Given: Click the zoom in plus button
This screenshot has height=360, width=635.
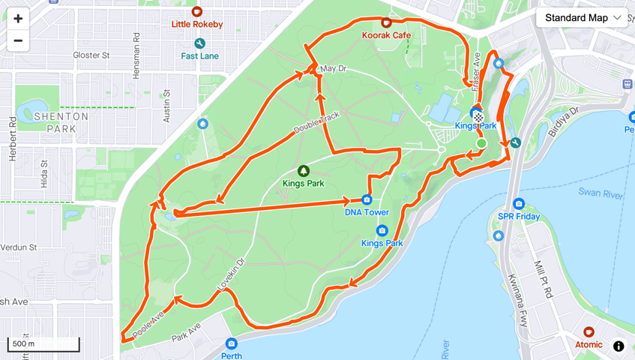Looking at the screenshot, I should (x=18, y=19).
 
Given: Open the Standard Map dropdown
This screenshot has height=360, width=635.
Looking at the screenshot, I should (x=582, y=18).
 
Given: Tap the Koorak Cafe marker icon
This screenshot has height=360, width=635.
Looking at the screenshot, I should (x=386, y=23).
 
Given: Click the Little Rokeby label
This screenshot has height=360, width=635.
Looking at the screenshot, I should (x=197, y=24).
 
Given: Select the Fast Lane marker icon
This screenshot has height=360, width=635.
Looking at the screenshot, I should (x=199, y=44).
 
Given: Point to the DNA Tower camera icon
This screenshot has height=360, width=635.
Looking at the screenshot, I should (x=367, y=199).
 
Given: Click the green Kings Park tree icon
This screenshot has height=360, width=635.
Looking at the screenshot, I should (x=304, y=172).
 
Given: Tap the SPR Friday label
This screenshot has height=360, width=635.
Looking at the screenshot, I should (x=519, y=217).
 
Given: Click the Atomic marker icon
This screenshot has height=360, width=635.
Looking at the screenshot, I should (x=589, y=332).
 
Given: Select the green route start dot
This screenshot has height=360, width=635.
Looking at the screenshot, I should (x=481, y=143).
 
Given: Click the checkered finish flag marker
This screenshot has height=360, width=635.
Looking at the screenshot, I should (x=478, y=118).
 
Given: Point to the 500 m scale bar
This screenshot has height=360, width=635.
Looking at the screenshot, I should (x=43, y=345).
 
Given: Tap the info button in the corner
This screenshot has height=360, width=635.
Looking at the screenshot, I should (x=619, y=346).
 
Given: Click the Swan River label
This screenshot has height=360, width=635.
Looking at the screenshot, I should (x=601, y=193).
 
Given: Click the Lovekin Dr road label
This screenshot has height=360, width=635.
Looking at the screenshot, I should (x=231, y=275).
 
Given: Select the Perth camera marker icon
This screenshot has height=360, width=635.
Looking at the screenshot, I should (x=231, y=343).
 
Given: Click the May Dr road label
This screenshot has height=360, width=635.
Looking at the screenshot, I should (x=333, y=69).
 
